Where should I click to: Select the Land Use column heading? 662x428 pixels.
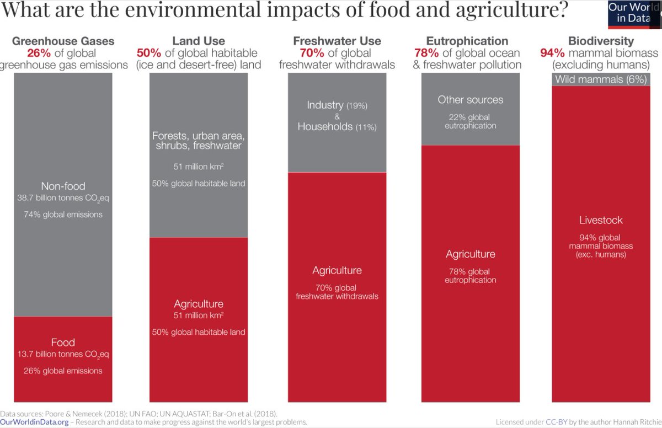(199, 41)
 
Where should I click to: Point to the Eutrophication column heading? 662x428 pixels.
(467, 41)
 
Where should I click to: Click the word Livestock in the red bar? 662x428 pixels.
(601, 220)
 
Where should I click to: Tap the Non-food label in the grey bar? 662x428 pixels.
(63, 186)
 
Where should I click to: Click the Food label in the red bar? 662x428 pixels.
(63, 343)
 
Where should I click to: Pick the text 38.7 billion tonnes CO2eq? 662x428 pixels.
(63, 197)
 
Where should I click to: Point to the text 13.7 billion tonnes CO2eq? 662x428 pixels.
(63, 354)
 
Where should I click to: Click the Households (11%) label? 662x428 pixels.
(337, 127)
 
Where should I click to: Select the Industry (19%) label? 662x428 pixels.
(337, 105)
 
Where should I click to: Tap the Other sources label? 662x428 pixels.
(471, 100)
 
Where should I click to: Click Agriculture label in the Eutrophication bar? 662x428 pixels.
(471, 254)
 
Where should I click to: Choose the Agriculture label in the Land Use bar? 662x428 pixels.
(199, 304)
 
